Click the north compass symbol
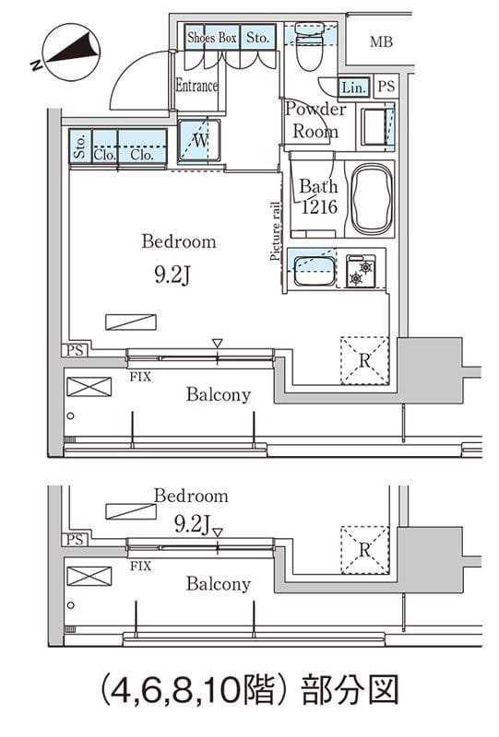click(x=72, y=51)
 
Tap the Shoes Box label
click(x=212, y=38)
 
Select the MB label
click(x=381, y=42)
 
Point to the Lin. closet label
click(x=353, y=88)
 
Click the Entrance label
click(x=196, y=86)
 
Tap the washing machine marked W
click(x=199, y=141)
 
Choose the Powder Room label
click(x=315, y=121)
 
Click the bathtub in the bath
click(x=372, y=199)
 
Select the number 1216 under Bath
click(x=319, y=206)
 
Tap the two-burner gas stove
click(x=361, y=271)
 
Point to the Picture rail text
click(x=276, y=231)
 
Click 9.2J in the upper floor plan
click(x=172, y=275)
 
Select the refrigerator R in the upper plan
click(x=365, y=361)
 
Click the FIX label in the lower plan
click(x=140, y=566)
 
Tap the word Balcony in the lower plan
click(x=219, y=584)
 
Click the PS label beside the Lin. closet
click(x=386, y=86)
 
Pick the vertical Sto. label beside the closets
click(x=80, y=146)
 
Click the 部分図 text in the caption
click(x=350, y=690)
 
